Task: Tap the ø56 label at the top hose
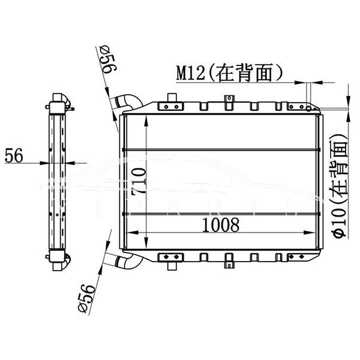tap(107, 62)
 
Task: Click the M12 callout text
tap(191, 73)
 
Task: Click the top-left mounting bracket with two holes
tap(170, 106)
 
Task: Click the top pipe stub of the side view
tap(59, 97)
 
